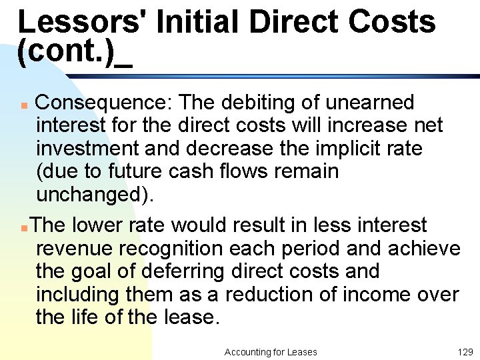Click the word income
pyautogui.click(x=382, y=295)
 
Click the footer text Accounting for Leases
pyautogui.click(x=271, y=351)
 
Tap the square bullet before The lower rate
pyautogui.click(x=24, y=227)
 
